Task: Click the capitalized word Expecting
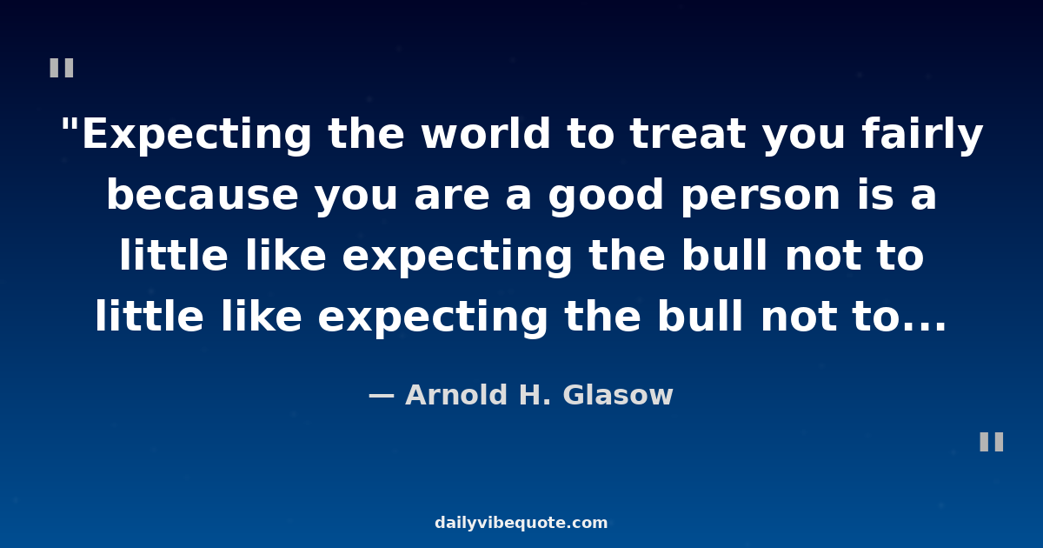[x=196, y=135]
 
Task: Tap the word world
[x=486, y=133]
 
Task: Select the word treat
[x=688, y=134]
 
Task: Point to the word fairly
[x=922, y=135]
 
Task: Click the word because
[x=203, y=194]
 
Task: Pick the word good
[x=606, y=196]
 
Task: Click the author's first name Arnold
[x=455, y=395]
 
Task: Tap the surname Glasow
[x=618, y=395]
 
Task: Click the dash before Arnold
[x=382, y=397]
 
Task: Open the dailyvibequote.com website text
[x=521, y=523]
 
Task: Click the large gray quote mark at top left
[x=62, y=68]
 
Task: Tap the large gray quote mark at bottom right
[x=992, y=442]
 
